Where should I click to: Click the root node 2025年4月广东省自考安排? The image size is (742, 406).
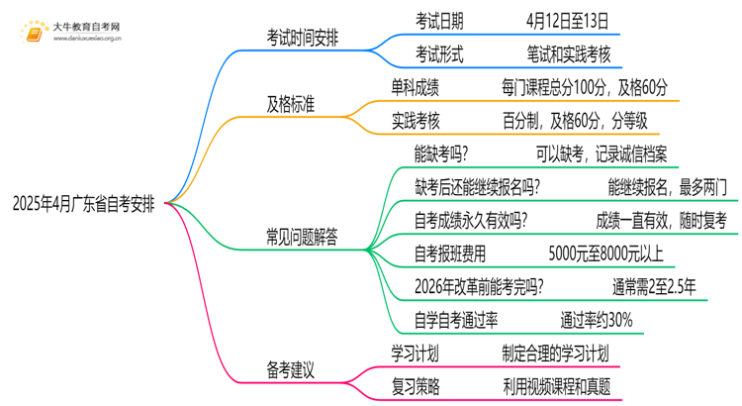point(83,205)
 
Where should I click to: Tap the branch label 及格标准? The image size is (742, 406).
point(291,103)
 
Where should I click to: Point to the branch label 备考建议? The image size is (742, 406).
point(291,369)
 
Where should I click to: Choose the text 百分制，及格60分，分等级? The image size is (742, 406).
point(575,121)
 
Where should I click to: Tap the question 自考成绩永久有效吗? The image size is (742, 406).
point(470,220)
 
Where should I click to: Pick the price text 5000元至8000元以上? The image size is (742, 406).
point(604,254)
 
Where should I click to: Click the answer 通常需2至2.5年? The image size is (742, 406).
point(653,287)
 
